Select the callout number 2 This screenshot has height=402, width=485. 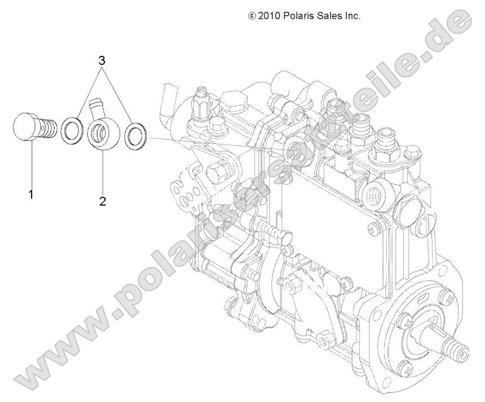click(103, 201)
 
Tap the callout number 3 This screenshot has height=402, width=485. click(103, 60)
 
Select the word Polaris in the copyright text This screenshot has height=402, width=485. click(303, 16)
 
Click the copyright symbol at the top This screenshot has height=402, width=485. click(252, 16)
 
